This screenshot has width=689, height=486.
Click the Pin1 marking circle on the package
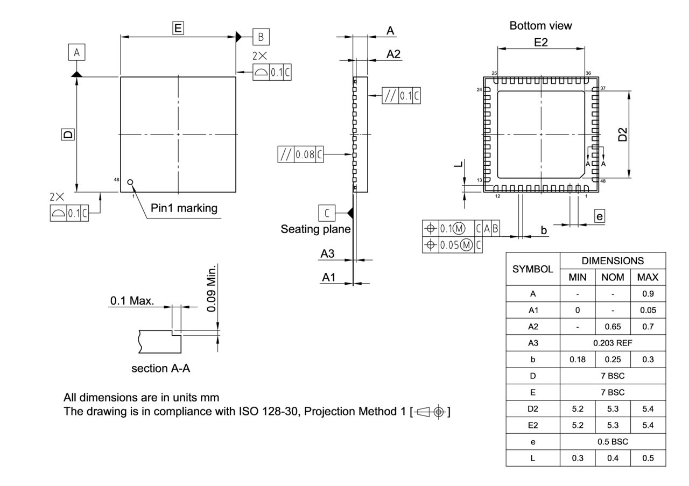(130, 182)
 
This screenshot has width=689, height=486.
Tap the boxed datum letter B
(261, 37)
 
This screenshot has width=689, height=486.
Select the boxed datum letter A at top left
(76, 52)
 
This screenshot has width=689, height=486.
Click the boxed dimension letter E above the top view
(178, 28)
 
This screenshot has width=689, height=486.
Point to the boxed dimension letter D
(68, 134)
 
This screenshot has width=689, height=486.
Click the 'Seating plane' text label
(315, 229)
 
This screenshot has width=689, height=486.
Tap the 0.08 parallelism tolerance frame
(300, 154)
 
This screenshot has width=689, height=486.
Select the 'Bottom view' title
(540, 25)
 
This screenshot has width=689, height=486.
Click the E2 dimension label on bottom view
(541, 42)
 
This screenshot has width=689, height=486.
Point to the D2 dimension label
(623, 134)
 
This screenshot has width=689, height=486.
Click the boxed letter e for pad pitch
(599, 216)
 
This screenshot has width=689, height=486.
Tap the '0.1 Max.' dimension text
(132, 300)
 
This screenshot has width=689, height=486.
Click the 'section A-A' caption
(160, 369)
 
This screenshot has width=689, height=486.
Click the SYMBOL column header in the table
(532, 269)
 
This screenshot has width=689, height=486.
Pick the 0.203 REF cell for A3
(613, 343)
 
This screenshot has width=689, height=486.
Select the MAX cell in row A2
(648, 327)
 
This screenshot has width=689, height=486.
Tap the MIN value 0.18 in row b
(577, 360)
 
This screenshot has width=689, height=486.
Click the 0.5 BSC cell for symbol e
(613, 441)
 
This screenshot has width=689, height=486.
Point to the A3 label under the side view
(328, 253)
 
